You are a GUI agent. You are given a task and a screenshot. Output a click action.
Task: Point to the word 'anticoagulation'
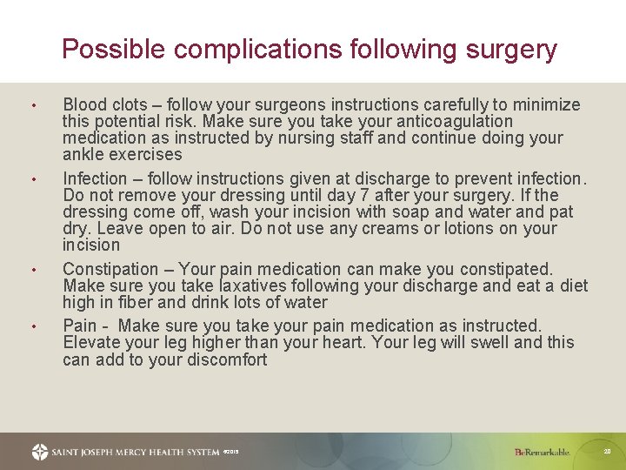(453, 122)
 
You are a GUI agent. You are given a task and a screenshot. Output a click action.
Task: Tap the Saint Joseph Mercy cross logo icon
(40, 452)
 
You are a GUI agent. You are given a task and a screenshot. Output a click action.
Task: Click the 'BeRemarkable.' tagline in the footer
(542, 452)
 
